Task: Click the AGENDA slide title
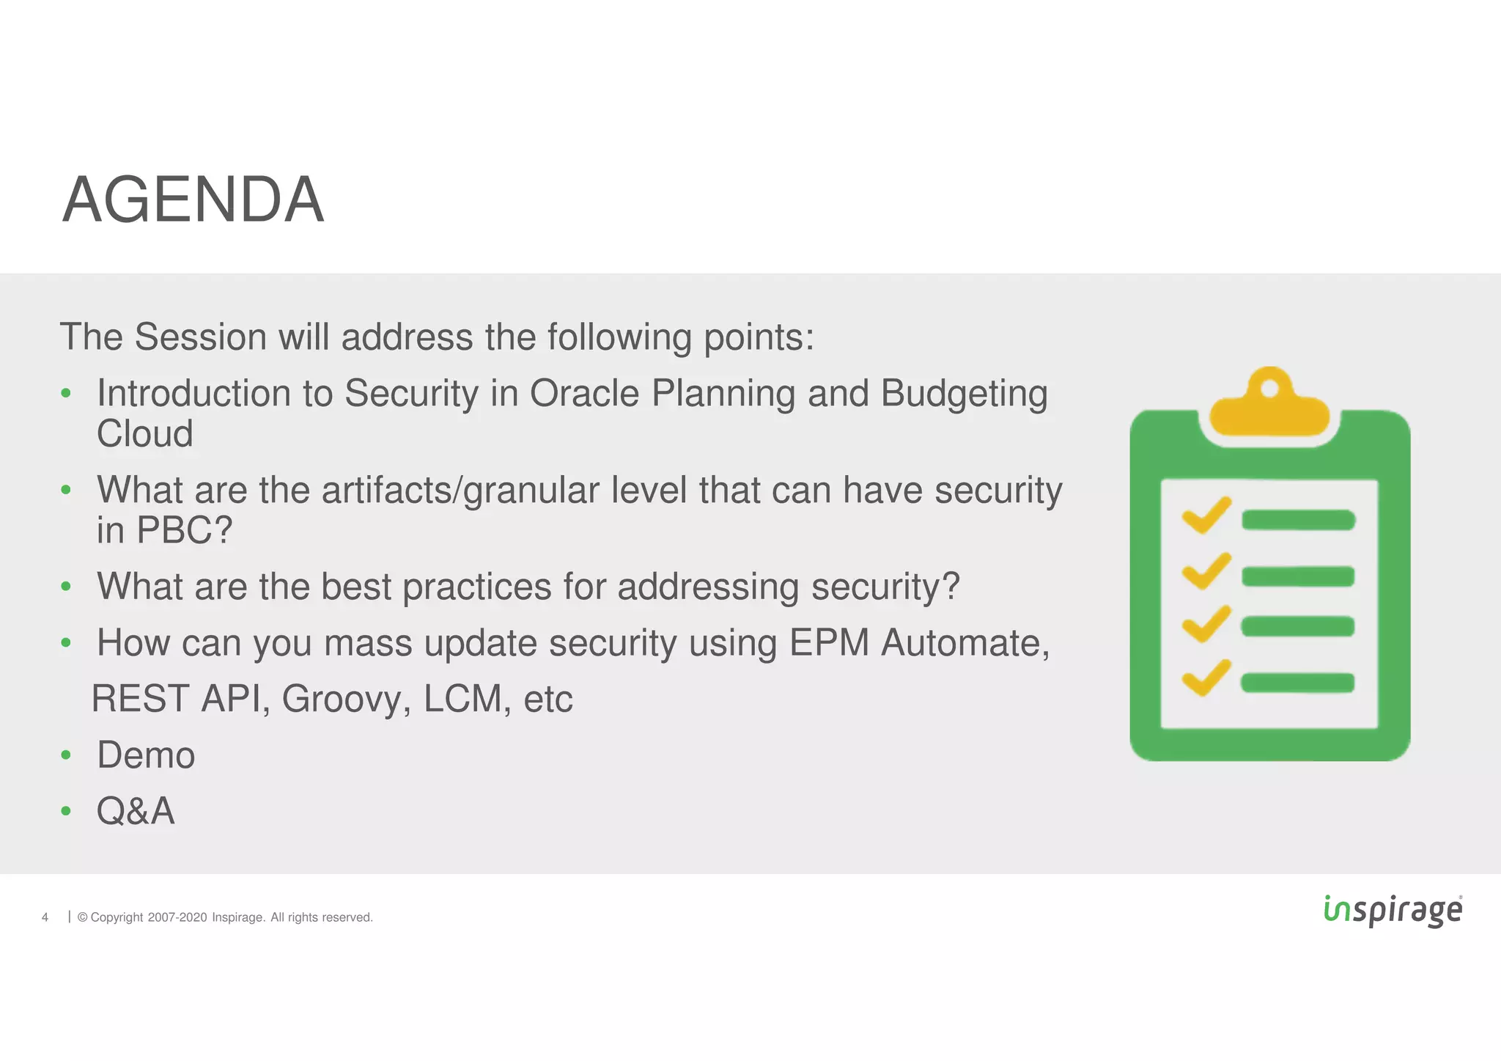click(x=193, y=200)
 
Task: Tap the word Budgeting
click(x=964, y=394)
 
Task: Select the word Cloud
click(x=145, y=434)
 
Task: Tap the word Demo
click(x=146, y=755)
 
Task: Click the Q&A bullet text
click(x=136, y=812)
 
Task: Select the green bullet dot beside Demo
click(x=66, y=755)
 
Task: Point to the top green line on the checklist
click(x=1298, y=520)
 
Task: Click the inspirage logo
click(x=1393, y=911)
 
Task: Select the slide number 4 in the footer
click(x=45, y=917)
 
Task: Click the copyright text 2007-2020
click(x=177, y=917)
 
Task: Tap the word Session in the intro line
click(x=200, y=337)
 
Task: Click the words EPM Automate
click(x=918, y=643)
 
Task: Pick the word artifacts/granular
click(x=460, y=491)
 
